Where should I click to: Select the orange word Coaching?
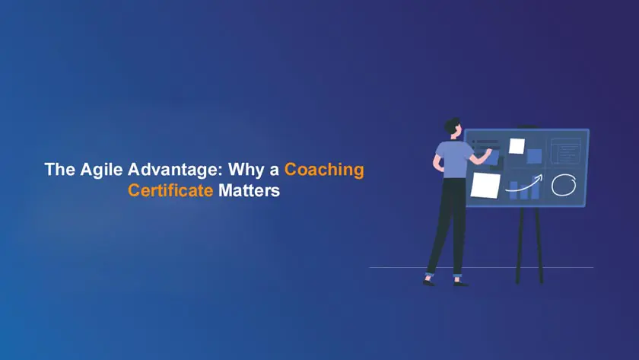click(324, 170)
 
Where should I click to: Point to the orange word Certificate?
click(170, 191)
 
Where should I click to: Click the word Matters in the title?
click(249, 191)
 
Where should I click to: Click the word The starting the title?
click(58, 170)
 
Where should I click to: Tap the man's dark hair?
click(453, 123)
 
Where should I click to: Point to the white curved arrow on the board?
click(524, 183)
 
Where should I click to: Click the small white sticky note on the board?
click(517, 145)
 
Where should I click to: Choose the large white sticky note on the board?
click(485, 184)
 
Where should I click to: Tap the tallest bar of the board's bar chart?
click(535, 190)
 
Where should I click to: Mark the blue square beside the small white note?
click(534, 156)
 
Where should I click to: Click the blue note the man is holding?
click(491, 157)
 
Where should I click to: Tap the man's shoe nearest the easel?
click(460, 282)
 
